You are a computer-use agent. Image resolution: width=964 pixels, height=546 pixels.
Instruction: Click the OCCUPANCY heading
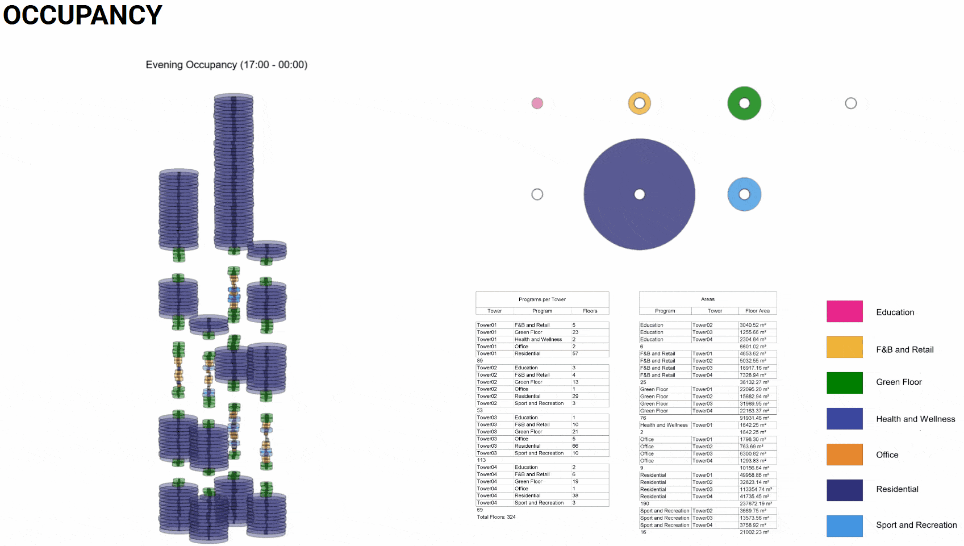[x=83, y=15]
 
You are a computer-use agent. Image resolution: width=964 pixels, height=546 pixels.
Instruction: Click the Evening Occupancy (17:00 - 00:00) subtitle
[x=226, y=65]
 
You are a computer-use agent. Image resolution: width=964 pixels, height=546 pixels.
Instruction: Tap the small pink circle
[x=537, y=103]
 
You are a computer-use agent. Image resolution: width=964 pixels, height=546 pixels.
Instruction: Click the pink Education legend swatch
[x=844, y=311]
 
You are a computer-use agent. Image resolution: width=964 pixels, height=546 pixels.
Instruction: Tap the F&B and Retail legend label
[x=904, y=349]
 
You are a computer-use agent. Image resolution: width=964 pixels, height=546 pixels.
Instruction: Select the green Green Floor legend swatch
[x=844, y=382]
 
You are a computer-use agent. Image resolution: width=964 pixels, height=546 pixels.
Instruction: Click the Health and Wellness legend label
[x=915, y=419]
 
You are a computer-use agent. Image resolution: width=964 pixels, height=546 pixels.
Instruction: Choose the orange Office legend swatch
[x=844, y=455]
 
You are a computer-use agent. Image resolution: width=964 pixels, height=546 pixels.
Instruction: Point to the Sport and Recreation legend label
[x=916, y=525]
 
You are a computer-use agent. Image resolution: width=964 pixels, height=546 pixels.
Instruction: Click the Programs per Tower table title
[x=542, y=299]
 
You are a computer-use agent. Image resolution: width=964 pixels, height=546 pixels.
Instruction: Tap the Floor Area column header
[x=757, y=311]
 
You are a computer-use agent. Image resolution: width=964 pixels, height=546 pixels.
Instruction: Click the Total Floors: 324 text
[x=496, y=517]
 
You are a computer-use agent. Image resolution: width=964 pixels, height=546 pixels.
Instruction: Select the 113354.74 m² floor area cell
[x=756, y=489]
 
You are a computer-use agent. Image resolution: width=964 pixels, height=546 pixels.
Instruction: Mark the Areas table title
[x=707, y=299]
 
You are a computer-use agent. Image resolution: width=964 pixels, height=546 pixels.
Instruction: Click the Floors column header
[x=590, y=311]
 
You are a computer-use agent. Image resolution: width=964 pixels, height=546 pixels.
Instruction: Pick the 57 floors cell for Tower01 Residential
[x=575, y=353]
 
